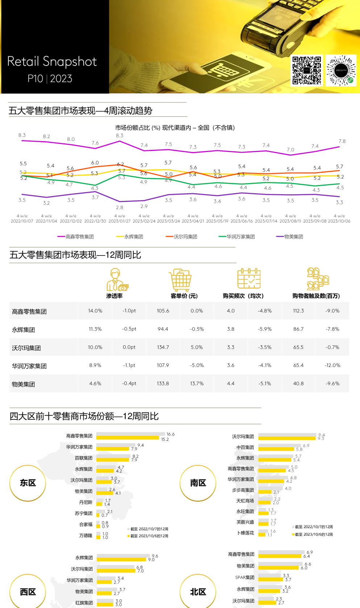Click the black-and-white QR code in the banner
pyautogui.click(x=307, y=70)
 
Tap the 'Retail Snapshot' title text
pyautogui.click(x=52, y=62)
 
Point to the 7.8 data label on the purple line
pyautogui.click(x=342, y=141)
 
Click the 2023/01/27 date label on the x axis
pyautogui.click(x=120, y=221)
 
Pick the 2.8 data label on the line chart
pyautogui.click(x=120, y=207)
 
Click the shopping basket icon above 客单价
pyautogui.click(x=180, y=280)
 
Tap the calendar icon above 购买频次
pyautogui.click(x=249, y=279)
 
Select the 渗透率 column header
pyautogui.click(x=114, y=296)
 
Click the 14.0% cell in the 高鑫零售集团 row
pyautogui.click(x=95, y=311)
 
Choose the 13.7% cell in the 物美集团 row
pyautogui.click(x=197, y=383)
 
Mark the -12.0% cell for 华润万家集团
pyautogui.click(x=332, y=365)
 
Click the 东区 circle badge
pyautogui.click(x=28, y=483)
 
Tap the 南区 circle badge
pyautogui.click(x=198, y=483)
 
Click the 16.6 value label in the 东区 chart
pyautogui.click(x=171, y=434)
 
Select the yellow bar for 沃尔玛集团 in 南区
pyautogui.click(x=287, y=438)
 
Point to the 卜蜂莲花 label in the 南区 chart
pyautogui.click(x=246, y=533)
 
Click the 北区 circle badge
pyautogui.click(x=198, y=592)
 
